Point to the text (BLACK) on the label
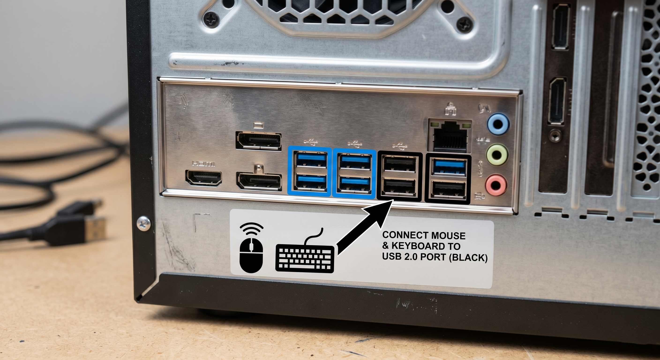point(468,258)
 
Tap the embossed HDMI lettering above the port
point(204,164)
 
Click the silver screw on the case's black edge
point(144,223)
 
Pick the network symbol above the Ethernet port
point(450,109)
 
